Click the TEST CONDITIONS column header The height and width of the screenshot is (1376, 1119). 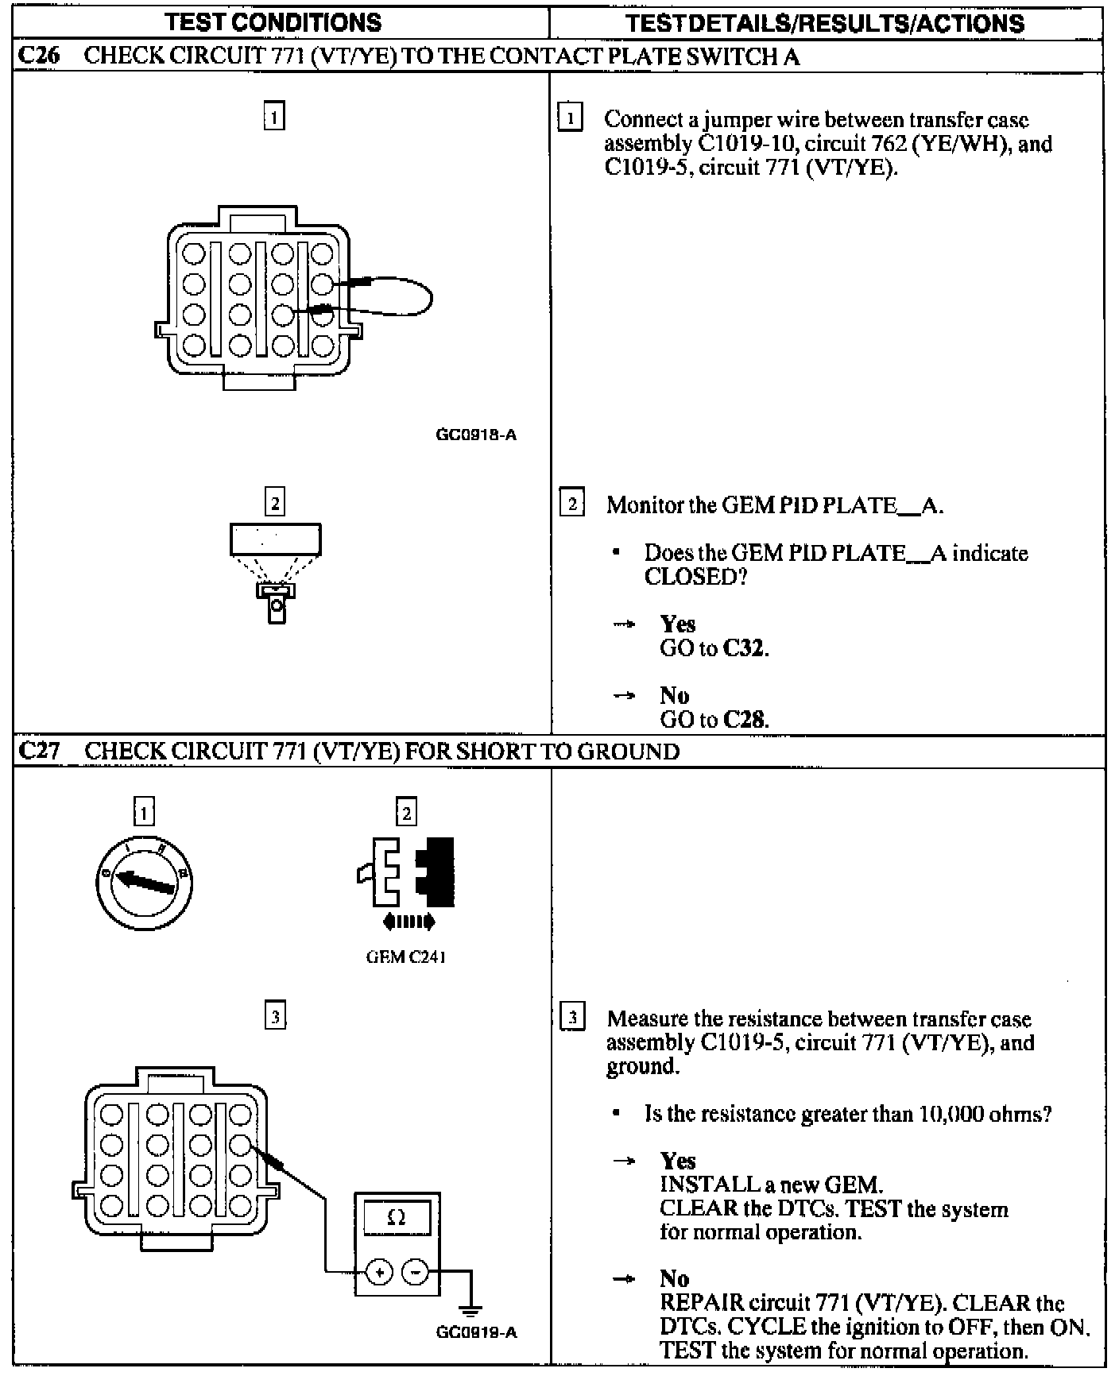[273, 22]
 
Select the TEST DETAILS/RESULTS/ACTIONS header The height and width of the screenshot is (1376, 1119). [825, 22]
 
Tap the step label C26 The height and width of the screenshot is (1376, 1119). [38, 56]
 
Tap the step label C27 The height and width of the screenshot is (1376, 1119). [38, 751]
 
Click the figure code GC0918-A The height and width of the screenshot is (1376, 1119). [476, 435]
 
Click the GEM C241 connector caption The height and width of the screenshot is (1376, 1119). [405, 957]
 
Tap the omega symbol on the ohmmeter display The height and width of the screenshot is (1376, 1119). [396, 1217]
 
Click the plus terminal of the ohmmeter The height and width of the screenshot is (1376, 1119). [379, 1272]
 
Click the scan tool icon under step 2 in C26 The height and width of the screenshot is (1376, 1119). [276, 572]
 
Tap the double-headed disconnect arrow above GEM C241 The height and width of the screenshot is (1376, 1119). [408, 922]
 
